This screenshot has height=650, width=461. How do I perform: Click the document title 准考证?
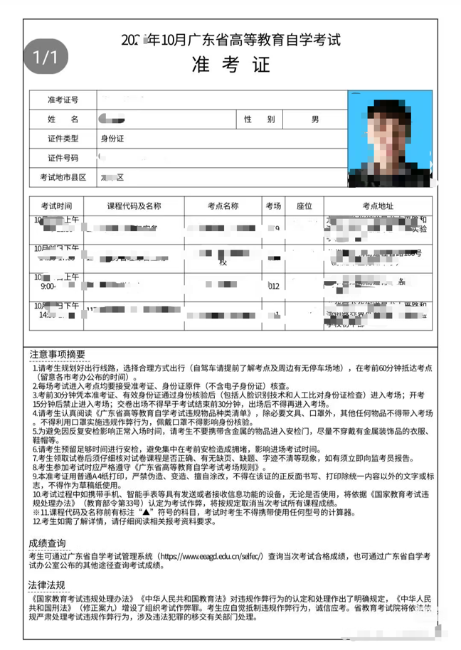click(x=231, y=65)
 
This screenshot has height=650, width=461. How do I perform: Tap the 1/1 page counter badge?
click(x=45, y=57)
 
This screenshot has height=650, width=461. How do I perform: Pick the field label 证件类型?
click(x=63, y=138)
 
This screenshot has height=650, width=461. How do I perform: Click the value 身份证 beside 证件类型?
click(x=112, y=138)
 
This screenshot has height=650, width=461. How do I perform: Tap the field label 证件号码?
click(x=63, y=157)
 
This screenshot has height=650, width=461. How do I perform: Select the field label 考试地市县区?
click(x=63, y=176)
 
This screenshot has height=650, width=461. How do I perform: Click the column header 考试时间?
click(x=56, y=206)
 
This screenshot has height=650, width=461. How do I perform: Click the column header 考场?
click(x=274, y=206)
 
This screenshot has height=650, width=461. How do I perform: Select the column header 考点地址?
click(x=377, y=206)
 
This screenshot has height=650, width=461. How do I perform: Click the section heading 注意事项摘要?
click(x=57, y=353)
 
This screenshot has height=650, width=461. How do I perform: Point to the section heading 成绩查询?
click(x=48, y=543)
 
